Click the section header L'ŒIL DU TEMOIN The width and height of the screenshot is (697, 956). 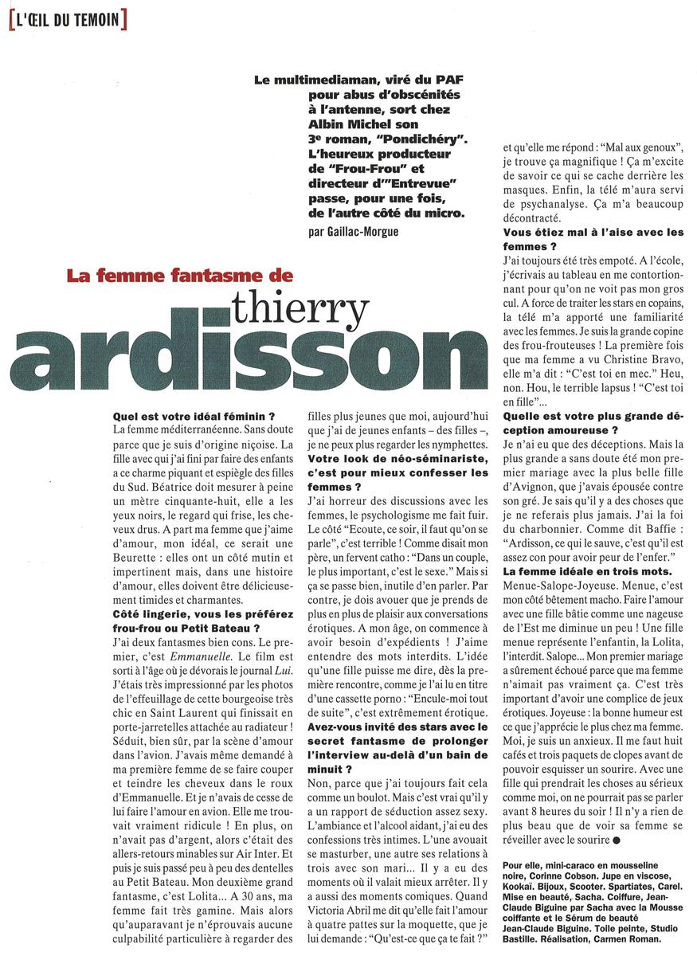(67, 18)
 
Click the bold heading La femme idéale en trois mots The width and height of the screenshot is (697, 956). (593, 572)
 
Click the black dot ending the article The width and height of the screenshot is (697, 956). (617, 841)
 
